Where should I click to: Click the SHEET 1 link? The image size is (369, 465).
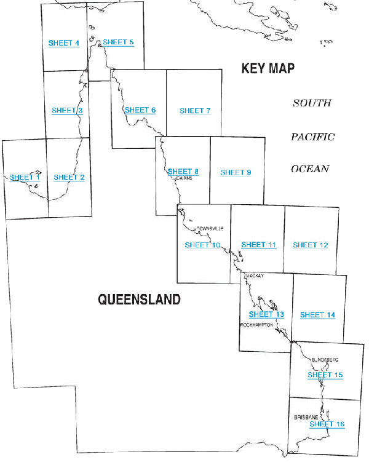25,177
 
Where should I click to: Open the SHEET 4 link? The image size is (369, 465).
63,43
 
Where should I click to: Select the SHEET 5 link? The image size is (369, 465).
118,42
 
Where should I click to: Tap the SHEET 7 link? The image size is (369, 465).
195,111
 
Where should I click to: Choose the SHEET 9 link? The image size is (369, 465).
236,173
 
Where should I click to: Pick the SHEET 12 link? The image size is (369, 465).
310,245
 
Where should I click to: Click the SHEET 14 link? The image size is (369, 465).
317,315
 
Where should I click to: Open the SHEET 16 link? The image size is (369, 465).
327,424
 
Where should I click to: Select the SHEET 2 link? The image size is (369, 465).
69,177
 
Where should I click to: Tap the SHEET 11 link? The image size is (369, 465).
258,244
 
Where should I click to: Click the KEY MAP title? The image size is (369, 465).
268,68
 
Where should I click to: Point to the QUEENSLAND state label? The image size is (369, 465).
140,300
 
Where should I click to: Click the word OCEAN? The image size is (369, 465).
311,169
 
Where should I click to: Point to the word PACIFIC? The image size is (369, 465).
312,137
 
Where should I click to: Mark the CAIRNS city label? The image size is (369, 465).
184,178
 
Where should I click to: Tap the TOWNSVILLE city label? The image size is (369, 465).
209,229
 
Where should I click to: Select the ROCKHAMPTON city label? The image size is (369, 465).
256,324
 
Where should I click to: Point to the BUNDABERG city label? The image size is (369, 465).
325,359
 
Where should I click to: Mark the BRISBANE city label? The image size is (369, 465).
306,417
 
